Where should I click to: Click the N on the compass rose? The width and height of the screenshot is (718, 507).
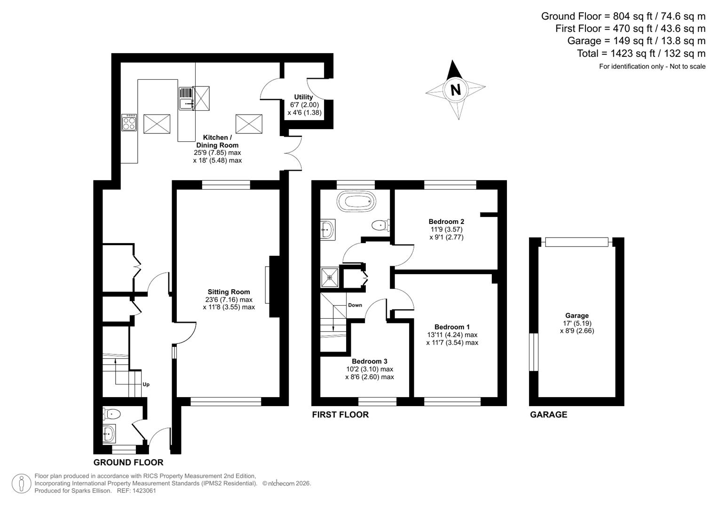(455, 89)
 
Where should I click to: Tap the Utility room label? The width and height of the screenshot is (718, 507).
(303, 97)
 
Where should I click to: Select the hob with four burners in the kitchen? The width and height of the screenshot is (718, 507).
(129, 123)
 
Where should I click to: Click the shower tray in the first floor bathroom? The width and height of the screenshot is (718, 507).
(329, 277)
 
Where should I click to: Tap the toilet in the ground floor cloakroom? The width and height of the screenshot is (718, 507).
(112, 414)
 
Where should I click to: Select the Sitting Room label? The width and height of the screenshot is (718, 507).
(229, 292)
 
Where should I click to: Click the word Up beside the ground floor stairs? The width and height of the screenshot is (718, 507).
(146, 384)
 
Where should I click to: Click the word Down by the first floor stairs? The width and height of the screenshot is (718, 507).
(355, 305)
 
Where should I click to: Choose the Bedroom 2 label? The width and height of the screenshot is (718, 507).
(446, 222)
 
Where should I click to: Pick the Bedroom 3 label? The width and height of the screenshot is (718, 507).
(370, 361)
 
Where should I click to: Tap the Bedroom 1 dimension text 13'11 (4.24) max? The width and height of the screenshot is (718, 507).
(452, 335)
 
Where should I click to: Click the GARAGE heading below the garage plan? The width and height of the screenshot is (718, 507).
(548, 415)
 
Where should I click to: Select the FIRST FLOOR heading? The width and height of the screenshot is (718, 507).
(340, 415)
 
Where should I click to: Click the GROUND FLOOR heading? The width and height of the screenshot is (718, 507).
(128, 462)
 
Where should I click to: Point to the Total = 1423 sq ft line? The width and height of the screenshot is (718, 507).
(641, 54)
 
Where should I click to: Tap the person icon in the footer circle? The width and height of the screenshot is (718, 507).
(21, 484)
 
